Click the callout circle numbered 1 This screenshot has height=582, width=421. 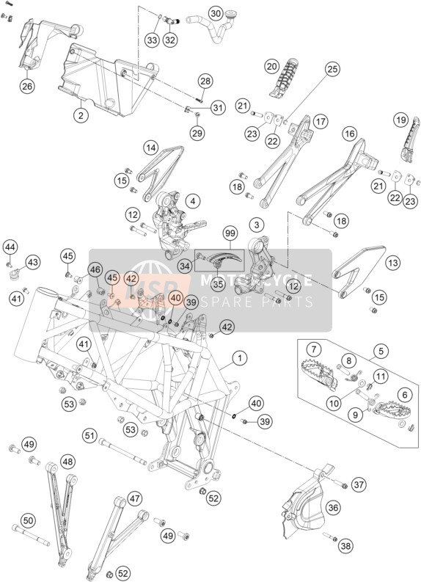click(x=240, y=358)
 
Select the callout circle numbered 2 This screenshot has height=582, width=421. click(x=81, y=115)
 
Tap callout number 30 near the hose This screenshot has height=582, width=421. click(x=216, y=14)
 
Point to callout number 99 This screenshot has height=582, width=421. click(x=230, y=234)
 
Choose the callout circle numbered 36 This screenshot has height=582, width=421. click(x=333, y=507)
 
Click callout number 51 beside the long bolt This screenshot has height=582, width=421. click(x=89, y=435)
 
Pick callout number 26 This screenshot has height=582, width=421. click(x=27, y=86)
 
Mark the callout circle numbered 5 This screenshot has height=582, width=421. click(x=381, y=350)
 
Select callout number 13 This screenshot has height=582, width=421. click(x=393, y=263)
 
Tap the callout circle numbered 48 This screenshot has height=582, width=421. click(x=67, y=462)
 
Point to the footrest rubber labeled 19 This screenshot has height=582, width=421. click(x=410, y=140)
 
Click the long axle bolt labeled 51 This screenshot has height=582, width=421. click(x=122, y=451)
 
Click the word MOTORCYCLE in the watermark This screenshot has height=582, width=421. click(x=256, y=280)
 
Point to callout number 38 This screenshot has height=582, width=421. click(x=345, y=545)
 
